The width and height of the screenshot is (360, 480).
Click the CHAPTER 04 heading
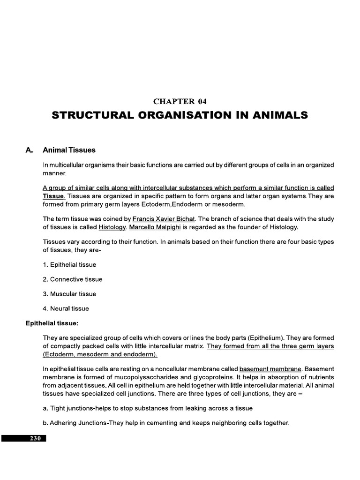point(180,101)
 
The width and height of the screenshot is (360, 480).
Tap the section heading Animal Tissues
point(69,150)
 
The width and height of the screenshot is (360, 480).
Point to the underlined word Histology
point(112,227)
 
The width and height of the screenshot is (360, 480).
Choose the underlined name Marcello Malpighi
point(152,227)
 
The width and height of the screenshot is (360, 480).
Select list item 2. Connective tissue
point(72,279)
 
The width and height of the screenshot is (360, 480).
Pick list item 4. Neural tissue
point(66,308)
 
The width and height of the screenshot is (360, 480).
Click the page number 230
point(35,438)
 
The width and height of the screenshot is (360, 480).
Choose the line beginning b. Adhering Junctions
point(166,423)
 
